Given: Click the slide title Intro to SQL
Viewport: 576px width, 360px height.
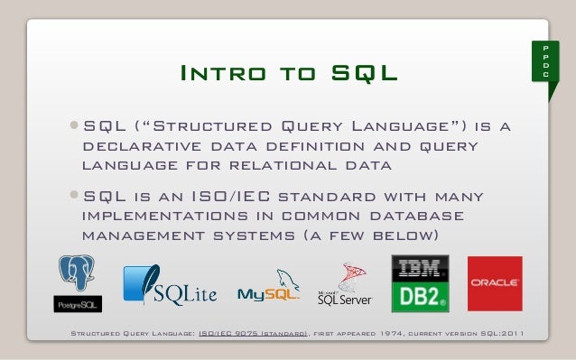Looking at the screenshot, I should coord(288,72).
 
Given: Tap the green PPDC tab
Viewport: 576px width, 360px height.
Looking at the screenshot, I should coord(545,60).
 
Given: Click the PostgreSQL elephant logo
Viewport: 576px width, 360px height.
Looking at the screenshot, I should coord(78,274).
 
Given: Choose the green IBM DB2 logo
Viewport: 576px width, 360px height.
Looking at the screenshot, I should coord(420,283).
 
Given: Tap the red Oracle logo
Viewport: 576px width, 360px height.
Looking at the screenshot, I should coord(494,283).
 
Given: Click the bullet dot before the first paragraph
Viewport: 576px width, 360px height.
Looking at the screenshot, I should coord(73,126).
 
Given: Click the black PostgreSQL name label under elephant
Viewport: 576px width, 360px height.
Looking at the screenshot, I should coord(78,303).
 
